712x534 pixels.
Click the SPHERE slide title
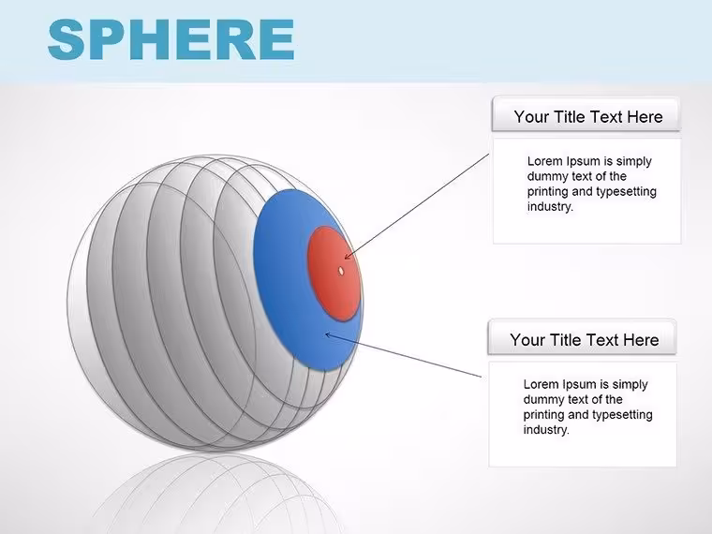(171, 39)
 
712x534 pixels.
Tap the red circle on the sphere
(334, 274)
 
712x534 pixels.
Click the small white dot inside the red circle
(341, 271)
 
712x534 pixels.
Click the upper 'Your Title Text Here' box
(586, 114)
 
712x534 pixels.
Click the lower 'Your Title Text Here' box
(582, 337)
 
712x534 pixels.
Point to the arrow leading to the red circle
(416, 207)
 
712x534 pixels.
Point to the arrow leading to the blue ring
(403, 355)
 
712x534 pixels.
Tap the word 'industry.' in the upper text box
(550, 207)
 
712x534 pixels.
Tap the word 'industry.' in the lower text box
(546, 430)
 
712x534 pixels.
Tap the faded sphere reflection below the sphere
(217, 493)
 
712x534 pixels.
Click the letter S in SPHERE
(67, 39)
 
